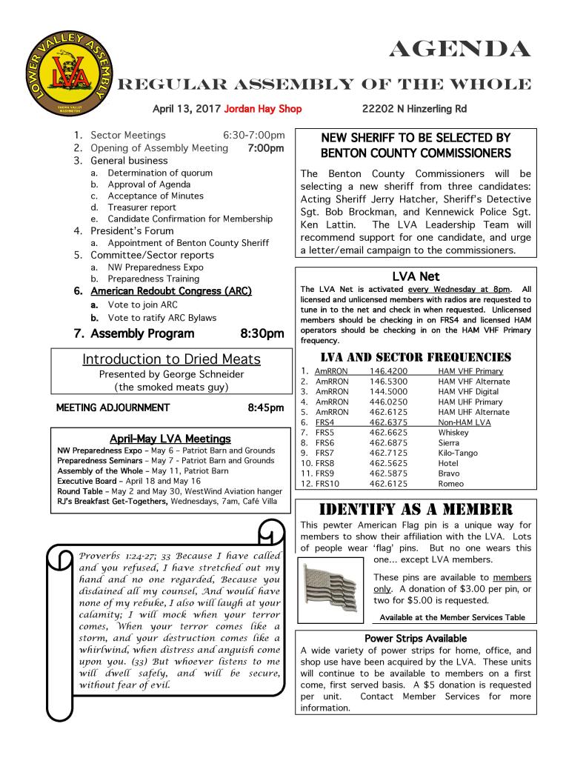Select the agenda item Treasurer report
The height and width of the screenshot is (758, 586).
[x=141, y=207]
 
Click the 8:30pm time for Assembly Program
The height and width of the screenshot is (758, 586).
[x=262, y=333]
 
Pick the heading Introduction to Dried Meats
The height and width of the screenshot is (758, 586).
[x=171, y=359]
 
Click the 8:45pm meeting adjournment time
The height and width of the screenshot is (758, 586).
[x=266, y=408]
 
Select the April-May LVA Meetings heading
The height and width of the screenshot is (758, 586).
[x=170, y=439]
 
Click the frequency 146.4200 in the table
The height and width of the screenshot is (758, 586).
[x=387, y=370]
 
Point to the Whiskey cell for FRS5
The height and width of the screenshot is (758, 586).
[x=453, y=432]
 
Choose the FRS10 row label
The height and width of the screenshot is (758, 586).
[x=324, y=484]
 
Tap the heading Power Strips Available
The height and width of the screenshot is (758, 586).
[x=416, y=638]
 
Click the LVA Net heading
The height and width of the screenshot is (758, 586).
[x=416, y=276]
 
